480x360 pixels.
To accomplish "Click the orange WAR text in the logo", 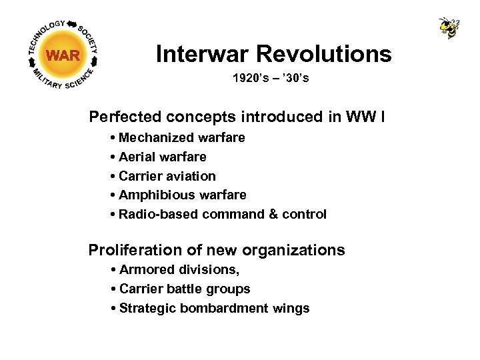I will (x=63, y=55).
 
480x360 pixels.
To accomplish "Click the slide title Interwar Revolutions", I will (x=273, y=54).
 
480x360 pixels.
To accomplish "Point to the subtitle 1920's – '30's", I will (x=271, y=79).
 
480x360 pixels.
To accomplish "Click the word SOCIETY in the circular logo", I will (x=89, y=39).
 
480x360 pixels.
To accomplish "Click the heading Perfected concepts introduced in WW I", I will (x=236, y=117).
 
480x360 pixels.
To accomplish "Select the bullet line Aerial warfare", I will (x=162, y=157).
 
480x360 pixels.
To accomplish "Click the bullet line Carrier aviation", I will (x=167, y=176).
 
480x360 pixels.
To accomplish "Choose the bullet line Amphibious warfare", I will (x=182, y=195).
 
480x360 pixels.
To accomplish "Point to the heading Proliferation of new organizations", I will (x=217, y=251).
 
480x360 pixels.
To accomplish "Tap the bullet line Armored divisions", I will (x=179, y=270).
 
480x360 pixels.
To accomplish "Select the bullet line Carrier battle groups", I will (x=184, y=289).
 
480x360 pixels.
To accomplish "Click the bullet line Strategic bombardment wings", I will (x=213, y=309).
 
